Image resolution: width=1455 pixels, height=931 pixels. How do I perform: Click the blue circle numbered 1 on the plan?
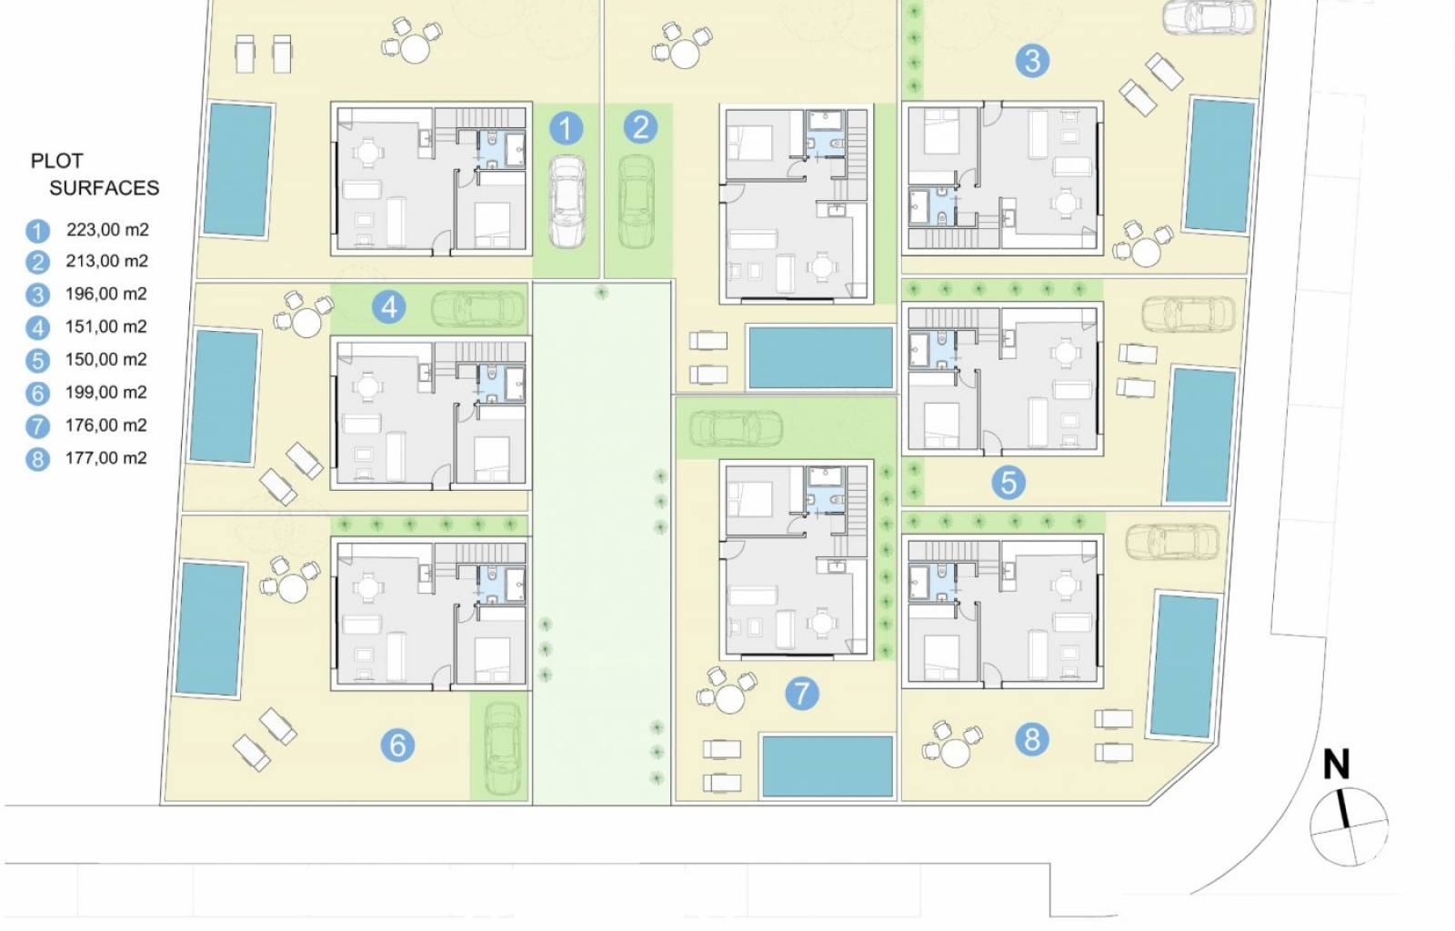coord(566,127)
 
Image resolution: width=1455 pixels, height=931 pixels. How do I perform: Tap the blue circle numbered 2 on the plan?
coord(640,126)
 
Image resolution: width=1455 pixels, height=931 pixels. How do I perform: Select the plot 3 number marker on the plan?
coord(1032,61)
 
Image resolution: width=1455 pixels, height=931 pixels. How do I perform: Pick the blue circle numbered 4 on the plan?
coord(389,306)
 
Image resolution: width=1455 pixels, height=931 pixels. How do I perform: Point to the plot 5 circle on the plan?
coord(1008,483)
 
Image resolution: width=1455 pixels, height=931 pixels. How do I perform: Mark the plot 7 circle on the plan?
coord(802,693)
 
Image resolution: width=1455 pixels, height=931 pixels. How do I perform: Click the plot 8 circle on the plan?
coord(1032,739)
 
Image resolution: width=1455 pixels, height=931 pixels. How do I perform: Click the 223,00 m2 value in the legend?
coord(107,229)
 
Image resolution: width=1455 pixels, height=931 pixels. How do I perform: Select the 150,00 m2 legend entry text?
coord(105,359)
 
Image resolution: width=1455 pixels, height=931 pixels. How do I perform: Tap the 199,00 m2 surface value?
coord(105,392)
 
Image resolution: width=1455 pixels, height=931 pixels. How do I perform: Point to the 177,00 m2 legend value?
coord(105,457)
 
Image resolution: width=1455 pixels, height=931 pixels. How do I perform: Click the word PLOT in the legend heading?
coord(57,161)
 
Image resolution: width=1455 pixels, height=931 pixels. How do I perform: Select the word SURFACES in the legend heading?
coord(104,187)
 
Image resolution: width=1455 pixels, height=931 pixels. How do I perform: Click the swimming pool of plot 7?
coord(828,766)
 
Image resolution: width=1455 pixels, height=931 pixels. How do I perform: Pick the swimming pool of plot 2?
coord(821,357)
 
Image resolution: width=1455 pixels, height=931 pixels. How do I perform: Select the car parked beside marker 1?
coord(567,202)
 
